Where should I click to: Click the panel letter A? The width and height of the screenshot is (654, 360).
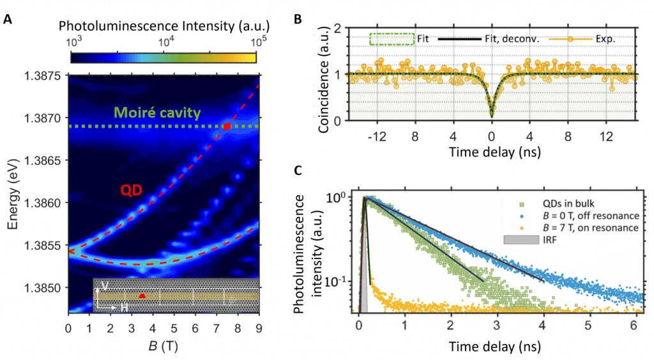(8, 20)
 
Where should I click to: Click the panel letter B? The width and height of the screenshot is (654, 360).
(298, 20)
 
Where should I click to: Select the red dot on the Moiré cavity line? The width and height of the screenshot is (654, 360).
(227, 126)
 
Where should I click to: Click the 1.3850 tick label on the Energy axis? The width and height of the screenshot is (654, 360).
(45, 288)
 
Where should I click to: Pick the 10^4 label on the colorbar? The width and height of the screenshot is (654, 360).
(165, 41)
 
